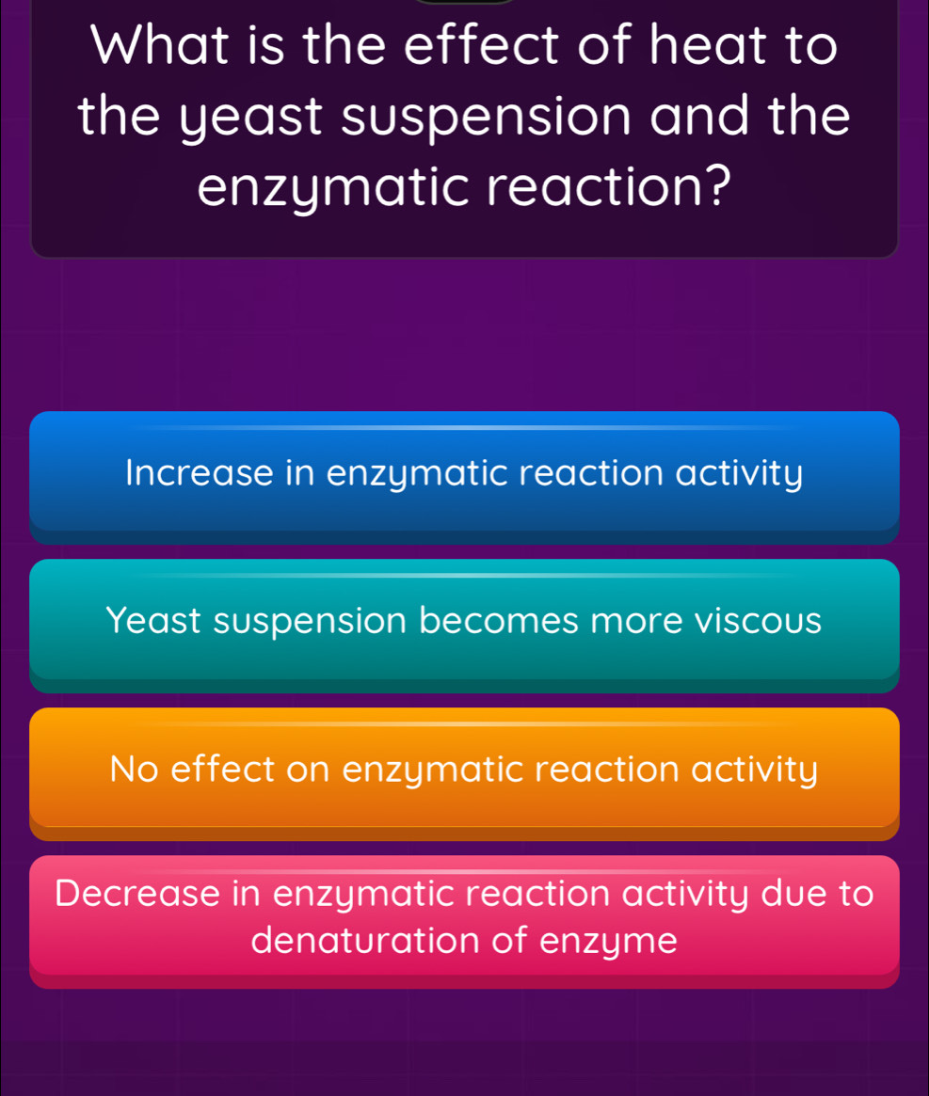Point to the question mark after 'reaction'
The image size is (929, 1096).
click(x=718, y=184)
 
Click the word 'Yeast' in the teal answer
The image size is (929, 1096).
click(x=153, y=621)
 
